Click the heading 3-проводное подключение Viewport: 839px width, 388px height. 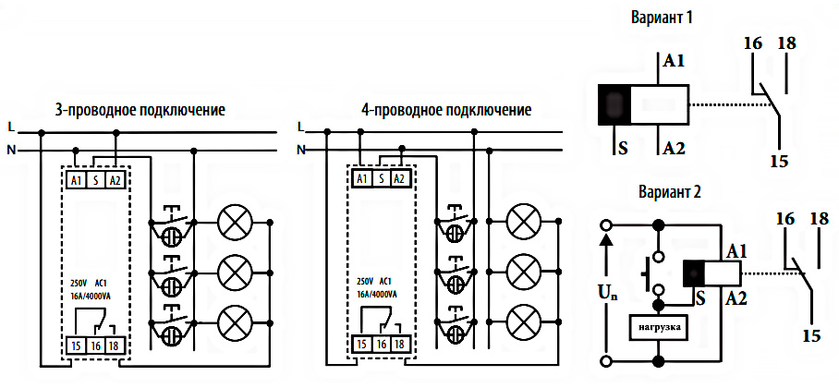coord(140,111)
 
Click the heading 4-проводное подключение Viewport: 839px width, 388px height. coord(446,111)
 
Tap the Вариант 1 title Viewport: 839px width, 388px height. coord(663,18)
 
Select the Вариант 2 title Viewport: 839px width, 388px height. coord(670,193)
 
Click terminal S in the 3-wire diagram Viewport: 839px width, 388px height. coord(95,180)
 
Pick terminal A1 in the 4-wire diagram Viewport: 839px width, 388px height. coord(361,178)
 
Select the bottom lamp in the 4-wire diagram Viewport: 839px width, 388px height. coord(524,320)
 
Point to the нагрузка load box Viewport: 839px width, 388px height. coord(658,327)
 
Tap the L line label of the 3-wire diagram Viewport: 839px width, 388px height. coord(10,127)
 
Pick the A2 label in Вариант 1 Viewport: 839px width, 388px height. coord(674,148)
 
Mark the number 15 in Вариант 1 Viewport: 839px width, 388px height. coord(778,161)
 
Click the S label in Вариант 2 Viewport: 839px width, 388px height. coord(701,297)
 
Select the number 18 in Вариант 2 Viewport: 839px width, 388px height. coord(819,219)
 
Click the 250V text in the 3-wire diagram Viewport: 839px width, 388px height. coord(80,281)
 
